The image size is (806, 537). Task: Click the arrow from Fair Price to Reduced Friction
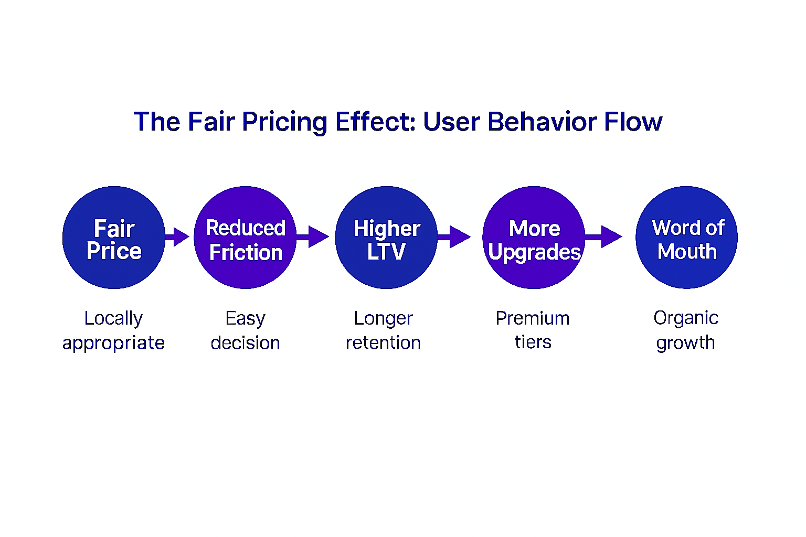click(x=178, y=237)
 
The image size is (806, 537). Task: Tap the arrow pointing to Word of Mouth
click(x=606, y=237)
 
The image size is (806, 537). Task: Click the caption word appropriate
click(x=113, y=343)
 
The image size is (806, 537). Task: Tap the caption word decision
click(x=245, y=343)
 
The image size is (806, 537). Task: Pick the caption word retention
click(x=383, y=343)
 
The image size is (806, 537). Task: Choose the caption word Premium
click(x=533, y=318)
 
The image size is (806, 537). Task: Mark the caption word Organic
click(x=686, y=318)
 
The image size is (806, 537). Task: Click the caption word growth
click(x=685, y=343)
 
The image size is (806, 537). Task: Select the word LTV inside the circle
click(x=386, y=252)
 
